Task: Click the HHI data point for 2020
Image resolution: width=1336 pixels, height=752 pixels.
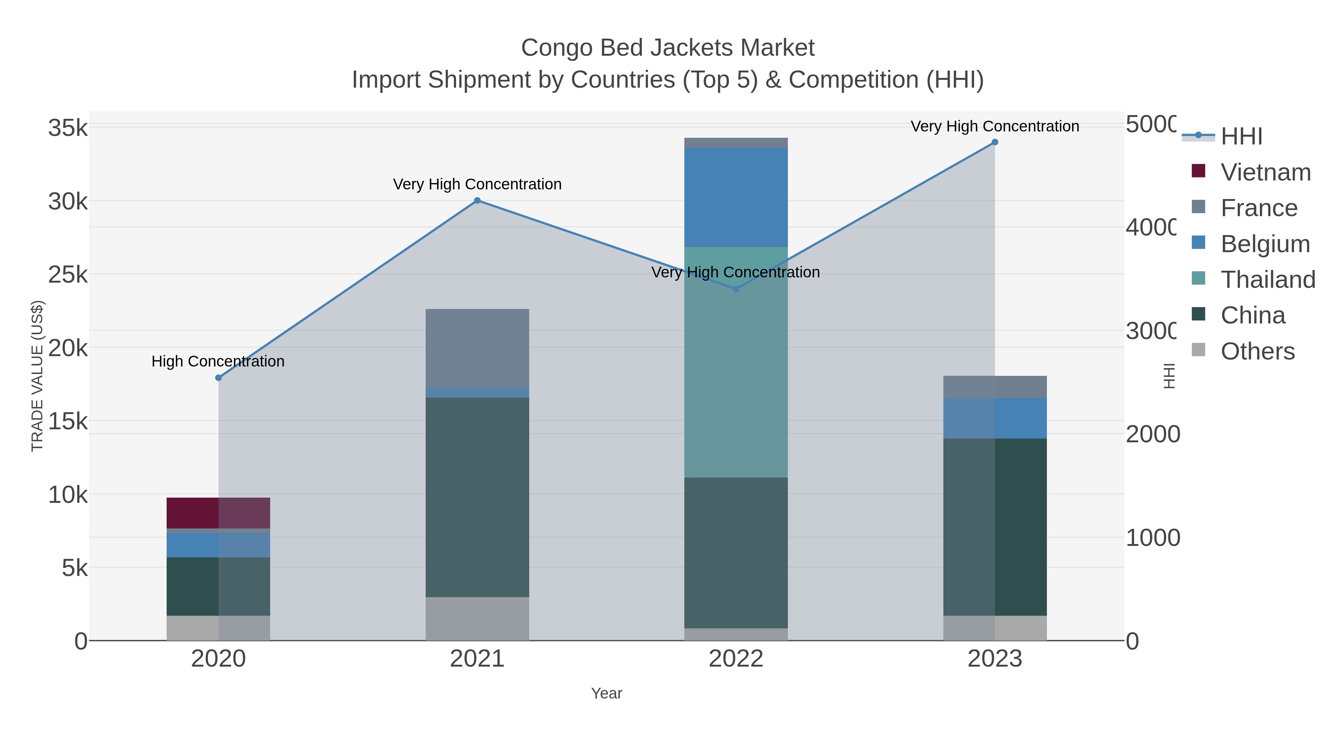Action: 218,378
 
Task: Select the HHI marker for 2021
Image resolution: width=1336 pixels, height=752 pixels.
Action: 477,200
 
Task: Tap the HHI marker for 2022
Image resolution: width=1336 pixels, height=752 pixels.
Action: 736,289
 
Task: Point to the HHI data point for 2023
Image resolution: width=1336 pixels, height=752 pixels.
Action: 995,142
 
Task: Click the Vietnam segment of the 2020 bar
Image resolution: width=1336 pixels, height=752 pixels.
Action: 218,513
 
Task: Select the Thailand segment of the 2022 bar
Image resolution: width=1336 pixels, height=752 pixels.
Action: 736,362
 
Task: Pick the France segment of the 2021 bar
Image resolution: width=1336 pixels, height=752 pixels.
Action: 477,348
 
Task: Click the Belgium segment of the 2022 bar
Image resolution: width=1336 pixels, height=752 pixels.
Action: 736,197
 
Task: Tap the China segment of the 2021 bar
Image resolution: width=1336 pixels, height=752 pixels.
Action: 477,497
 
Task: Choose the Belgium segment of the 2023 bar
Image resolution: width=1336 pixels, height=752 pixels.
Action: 995,418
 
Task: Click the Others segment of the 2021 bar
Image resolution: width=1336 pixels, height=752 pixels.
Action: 477,619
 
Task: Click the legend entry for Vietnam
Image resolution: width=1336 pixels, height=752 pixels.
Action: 1265,172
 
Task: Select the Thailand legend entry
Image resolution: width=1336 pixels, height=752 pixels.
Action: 1268,280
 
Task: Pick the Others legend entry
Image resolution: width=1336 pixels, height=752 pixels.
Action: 1257,351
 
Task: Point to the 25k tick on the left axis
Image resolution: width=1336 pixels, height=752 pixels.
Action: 68,274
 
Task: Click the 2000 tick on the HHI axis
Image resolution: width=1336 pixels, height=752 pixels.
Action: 1152,434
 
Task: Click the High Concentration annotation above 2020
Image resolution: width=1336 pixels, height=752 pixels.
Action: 218,361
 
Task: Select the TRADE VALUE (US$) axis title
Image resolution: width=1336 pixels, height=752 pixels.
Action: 37,376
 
